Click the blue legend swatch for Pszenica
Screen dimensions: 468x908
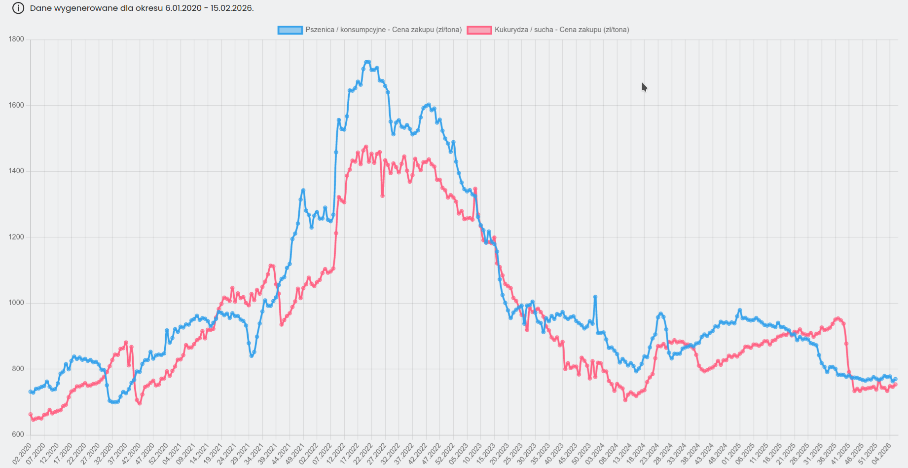coord(290,30)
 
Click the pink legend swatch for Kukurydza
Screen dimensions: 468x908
coord(479,30)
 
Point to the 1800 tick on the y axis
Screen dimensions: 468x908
coord(16,39)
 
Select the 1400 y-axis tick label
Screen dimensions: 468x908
coord(16,171)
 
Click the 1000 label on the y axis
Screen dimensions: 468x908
coord(16,303)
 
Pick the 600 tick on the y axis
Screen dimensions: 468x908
coord(18,435)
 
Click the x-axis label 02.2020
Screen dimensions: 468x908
coord(22,453)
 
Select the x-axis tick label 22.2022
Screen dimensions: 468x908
coord(363,453)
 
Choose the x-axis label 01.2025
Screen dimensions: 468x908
coord(731,453)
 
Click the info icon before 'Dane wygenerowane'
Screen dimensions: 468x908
coord(18,8)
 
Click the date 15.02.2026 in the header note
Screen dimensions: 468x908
coord(231,8)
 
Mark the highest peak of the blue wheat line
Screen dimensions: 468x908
coord(368,62)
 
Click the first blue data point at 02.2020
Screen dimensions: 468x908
coord(31,392)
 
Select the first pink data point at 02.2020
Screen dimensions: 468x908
coord(31,415)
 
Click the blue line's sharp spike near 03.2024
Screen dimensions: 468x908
coord(595,297)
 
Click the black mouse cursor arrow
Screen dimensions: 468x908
coord(644,87)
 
